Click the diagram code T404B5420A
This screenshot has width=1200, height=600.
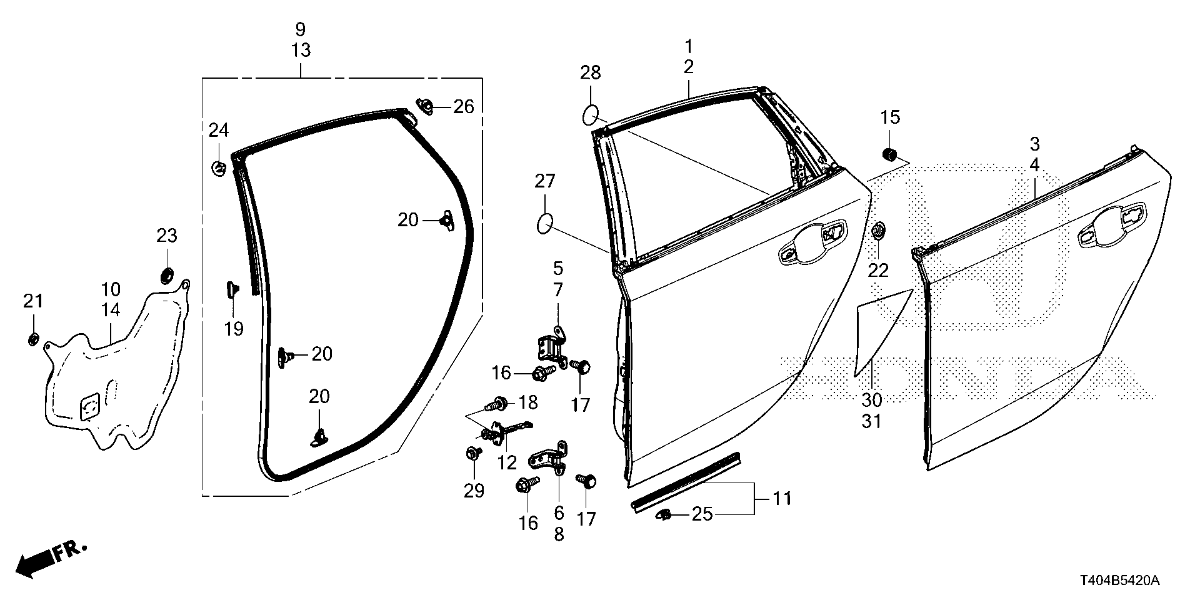pyautogui.click(x=1119, y=581)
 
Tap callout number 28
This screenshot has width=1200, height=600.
pyautogui.click(x=590, y=73)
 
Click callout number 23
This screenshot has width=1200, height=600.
pyautogui.click(x=167, y=236)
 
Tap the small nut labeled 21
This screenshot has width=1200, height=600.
pyautogui.click(x=32, y=339)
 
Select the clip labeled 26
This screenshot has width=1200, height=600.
pyautogui.click(x=426, y=106)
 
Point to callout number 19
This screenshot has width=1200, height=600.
pyautogui.click(x=234, y=329)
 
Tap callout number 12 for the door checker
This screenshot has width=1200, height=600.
pyautogui.click(x=507, y=462)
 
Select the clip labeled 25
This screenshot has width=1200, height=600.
pyautogui.click(x=664, y=515)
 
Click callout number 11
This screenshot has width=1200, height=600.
pyautogui.click(x=782, y=498)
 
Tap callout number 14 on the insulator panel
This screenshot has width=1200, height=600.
pyautogui.click(x=111, y=309)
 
